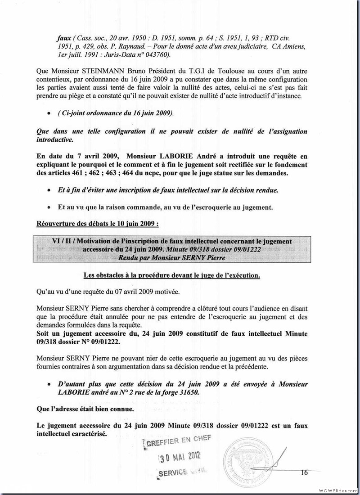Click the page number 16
pos(304,472)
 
